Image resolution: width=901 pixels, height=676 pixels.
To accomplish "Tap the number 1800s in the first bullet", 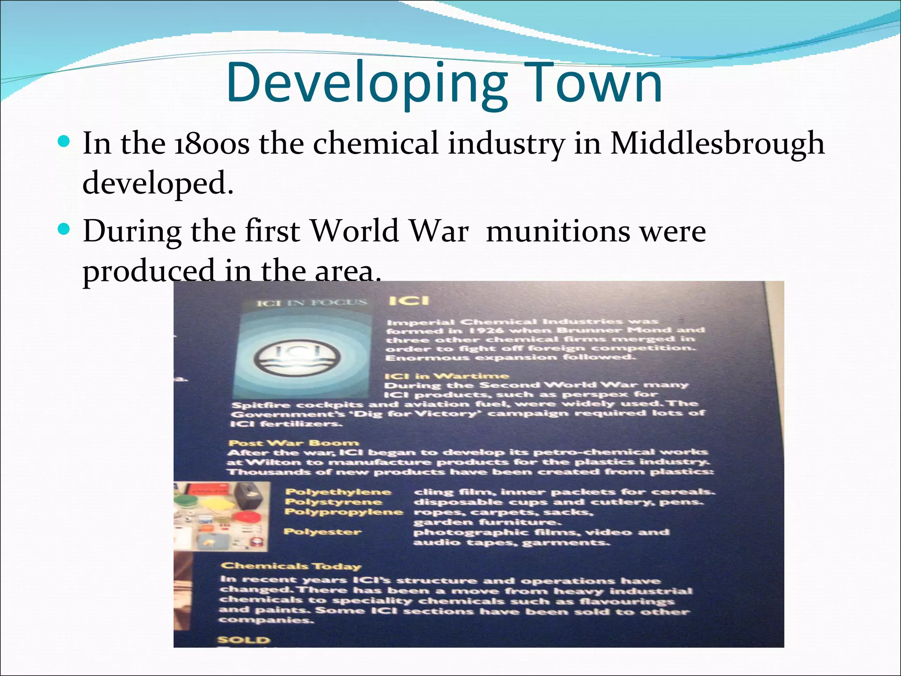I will tap(212, 144).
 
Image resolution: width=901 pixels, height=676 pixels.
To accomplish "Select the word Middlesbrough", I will tap(717, 144).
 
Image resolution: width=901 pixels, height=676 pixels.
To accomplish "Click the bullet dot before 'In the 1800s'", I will tap(64, 142).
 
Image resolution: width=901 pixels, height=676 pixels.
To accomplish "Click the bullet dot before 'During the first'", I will tap(64, 229).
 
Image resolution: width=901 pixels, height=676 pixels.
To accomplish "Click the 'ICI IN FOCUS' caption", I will tap(311, 303).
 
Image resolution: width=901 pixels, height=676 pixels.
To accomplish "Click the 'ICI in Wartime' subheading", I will tap(446, 376).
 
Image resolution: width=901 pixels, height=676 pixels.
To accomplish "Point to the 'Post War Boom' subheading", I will tap(293, 443).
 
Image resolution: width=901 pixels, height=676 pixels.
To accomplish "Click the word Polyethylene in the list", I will tap(338, 492).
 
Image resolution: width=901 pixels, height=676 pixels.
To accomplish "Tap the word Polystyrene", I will tap(333, 502).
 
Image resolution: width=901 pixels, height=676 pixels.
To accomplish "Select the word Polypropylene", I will tap(344, 512).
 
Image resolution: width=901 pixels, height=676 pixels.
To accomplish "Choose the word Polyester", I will tap(322, 532).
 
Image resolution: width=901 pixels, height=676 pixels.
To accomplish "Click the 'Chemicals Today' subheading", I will tap(291, 566).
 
